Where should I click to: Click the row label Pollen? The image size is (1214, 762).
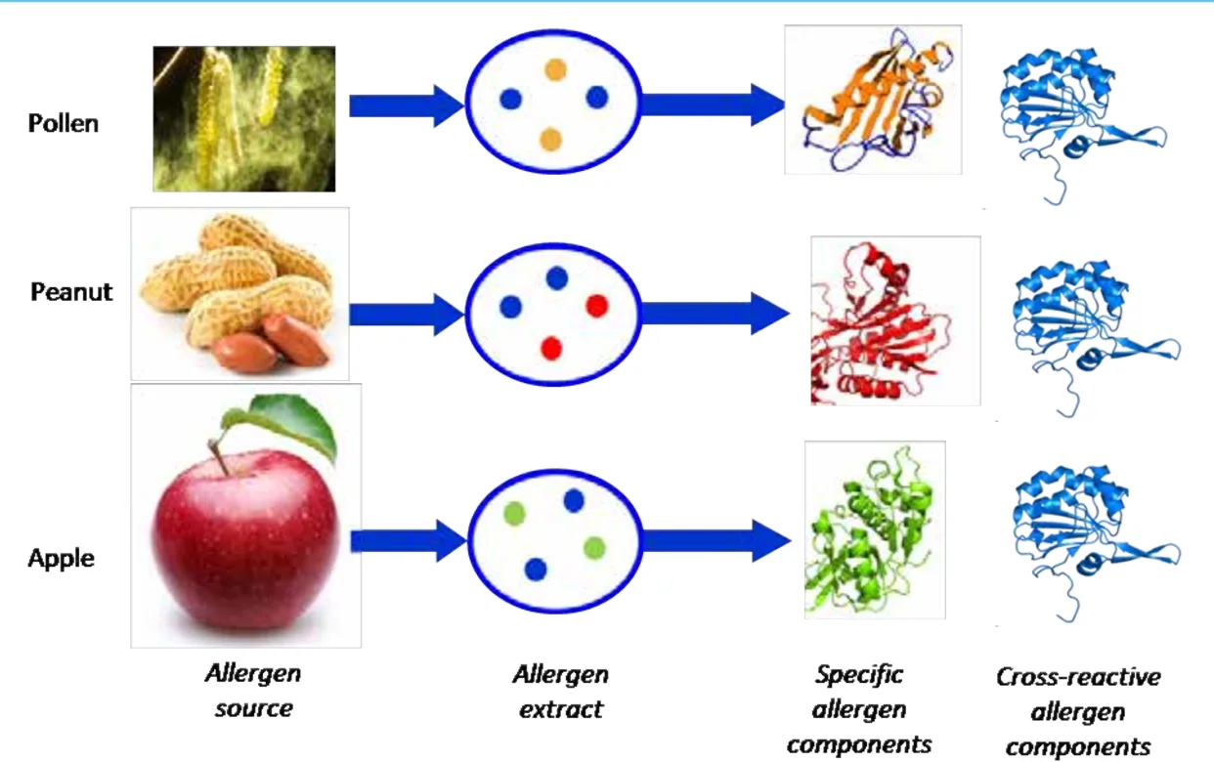point(64,124)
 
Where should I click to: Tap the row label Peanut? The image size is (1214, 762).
point(71,292)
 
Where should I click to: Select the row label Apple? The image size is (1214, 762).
point(62,559)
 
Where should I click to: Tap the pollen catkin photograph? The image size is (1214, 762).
point(243,118)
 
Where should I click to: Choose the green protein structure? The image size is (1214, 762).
point(873,529)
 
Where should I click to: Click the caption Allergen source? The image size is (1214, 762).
point(252,691)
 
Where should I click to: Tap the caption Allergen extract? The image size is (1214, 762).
point(560,691)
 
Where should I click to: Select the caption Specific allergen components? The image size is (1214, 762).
point(859,710)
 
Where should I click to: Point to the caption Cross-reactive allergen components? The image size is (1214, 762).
point(1077,712)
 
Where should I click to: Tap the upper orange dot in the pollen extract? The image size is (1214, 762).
point(555,69)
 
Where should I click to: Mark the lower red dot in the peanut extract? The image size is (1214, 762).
point(551,347)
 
